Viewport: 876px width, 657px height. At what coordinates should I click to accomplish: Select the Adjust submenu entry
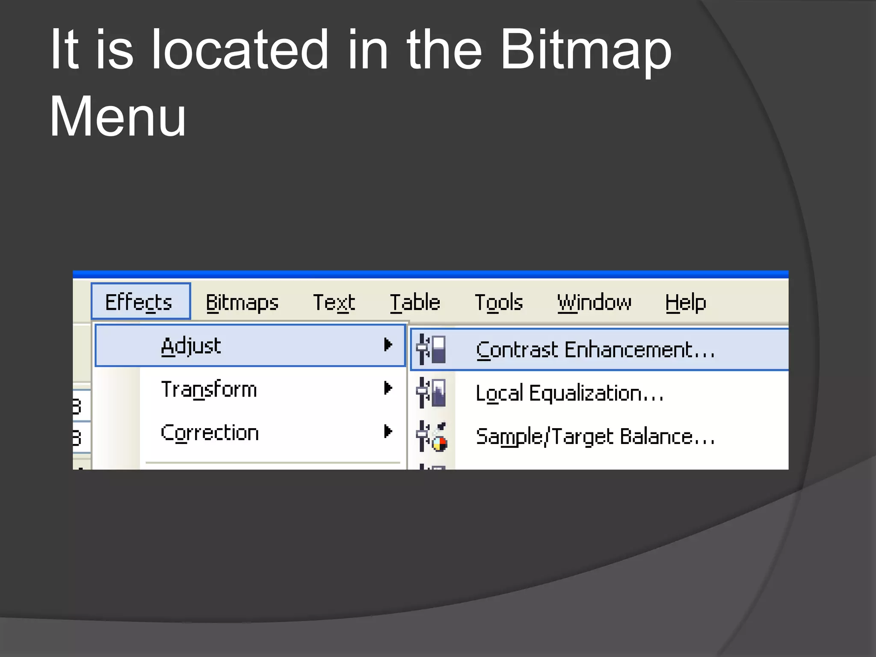point(192,346)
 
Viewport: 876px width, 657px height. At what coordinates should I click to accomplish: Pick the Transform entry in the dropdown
point(209,389)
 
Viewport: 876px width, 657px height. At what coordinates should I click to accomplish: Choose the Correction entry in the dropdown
point(210,433)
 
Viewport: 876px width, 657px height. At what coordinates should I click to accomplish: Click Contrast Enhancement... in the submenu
point(595,350)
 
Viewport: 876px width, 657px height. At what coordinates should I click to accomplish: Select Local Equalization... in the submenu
point(570,393)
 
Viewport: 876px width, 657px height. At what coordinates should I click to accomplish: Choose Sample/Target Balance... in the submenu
point(595,437)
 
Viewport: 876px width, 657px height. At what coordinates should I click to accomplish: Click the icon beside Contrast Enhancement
point(432,349)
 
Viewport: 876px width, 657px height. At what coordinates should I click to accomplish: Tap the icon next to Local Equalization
point(432,393)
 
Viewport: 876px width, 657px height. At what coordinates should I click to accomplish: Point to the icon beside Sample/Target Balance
point(432,436)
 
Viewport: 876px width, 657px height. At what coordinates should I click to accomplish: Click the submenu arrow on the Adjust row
point(388,345)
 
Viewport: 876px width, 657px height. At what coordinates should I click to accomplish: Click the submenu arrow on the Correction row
point(388,432)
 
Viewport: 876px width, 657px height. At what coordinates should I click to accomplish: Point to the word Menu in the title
point(118,116)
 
